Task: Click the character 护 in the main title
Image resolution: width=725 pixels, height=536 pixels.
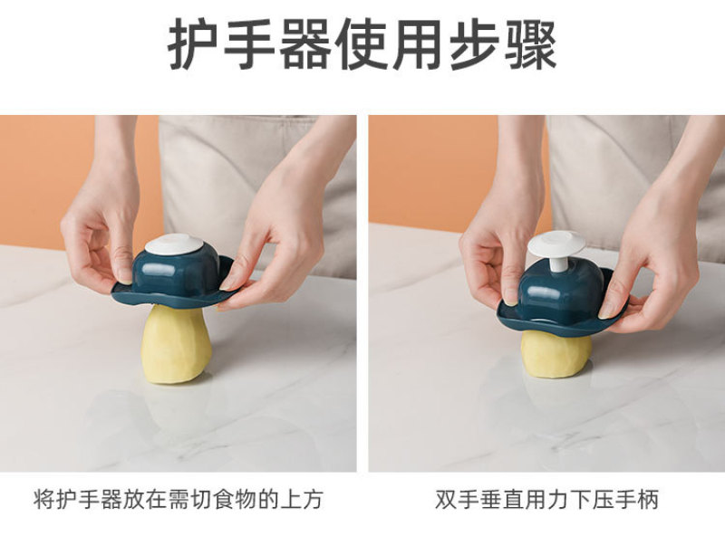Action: [192, 44]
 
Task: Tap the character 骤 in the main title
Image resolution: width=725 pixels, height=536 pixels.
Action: [530, 44]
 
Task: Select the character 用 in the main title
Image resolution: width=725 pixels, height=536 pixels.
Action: [418, 44]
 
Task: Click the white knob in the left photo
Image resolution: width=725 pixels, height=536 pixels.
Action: [174, 244]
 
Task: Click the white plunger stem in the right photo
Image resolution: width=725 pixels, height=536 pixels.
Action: [557, 263]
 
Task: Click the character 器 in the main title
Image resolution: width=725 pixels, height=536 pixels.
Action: [305, 44]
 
